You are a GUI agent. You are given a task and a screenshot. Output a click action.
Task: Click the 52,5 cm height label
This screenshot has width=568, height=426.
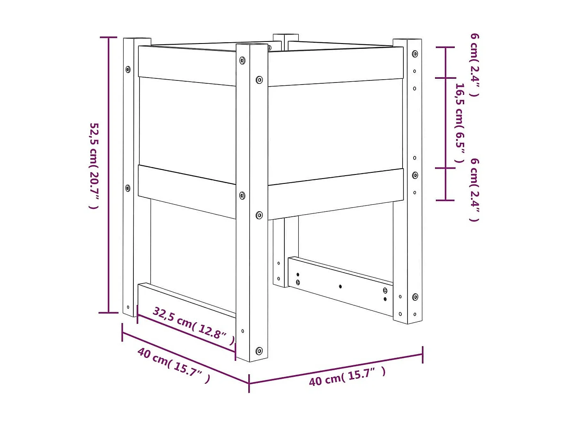point(94,165)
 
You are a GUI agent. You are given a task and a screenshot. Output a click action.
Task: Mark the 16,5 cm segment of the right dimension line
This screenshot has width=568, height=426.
point(446,123)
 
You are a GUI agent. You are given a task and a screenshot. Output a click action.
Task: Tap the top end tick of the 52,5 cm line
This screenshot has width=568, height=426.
point(109,37)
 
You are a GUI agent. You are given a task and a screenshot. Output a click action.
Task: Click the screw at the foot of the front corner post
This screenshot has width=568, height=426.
point(259,350)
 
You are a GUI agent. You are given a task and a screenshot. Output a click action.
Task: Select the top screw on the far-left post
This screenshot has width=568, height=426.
point(128,69)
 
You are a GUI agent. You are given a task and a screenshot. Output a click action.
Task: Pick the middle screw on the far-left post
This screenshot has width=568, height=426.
point(128,188)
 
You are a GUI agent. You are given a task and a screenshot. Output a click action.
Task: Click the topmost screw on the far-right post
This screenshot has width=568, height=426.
point(415,54)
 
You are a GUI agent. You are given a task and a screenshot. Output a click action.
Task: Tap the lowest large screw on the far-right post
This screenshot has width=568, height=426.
point(415,297)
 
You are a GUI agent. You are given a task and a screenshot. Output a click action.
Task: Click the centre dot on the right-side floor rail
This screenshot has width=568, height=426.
point(340,286)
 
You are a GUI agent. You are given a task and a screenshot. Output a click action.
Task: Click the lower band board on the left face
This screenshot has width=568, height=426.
point(187,191)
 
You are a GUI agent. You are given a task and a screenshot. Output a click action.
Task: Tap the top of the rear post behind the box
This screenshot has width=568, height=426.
point(286,37)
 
